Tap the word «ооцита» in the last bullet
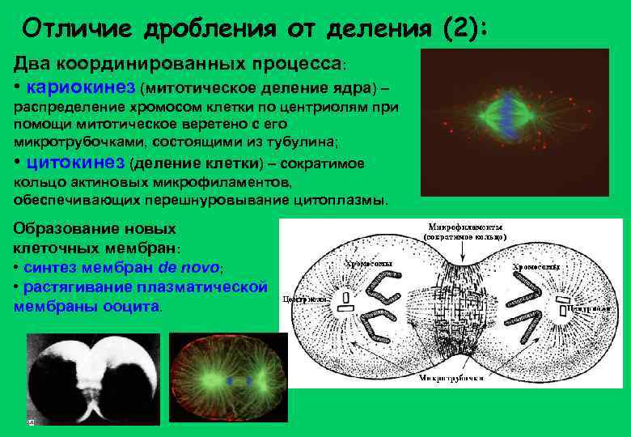[x=134, y=307]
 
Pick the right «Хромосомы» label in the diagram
[x=537, y=266]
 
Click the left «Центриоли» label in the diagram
[x=305, y=299]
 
